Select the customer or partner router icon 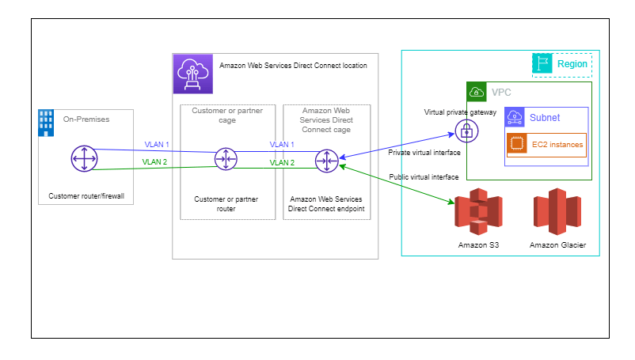click(x=226, y=160)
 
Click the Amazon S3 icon click(x=478, y=211)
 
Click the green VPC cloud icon click(x=476, y=91)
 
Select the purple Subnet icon click(x=515, y=117)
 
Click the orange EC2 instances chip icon click(x=517, y=144)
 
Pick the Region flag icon click(x=542, y=63)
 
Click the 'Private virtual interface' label click(x=424, y=152)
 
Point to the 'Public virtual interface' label click(x=424, y=177)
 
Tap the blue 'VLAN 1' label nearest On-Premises click(x=157, y=144)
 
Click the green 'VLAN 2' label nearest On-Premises click(x=155, y=161)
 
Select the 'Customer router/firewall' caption click(x=85, y=195)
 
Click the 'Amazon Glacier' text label click(x=558, y=246)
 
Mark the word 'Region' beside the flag click(x=572, y=63)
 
